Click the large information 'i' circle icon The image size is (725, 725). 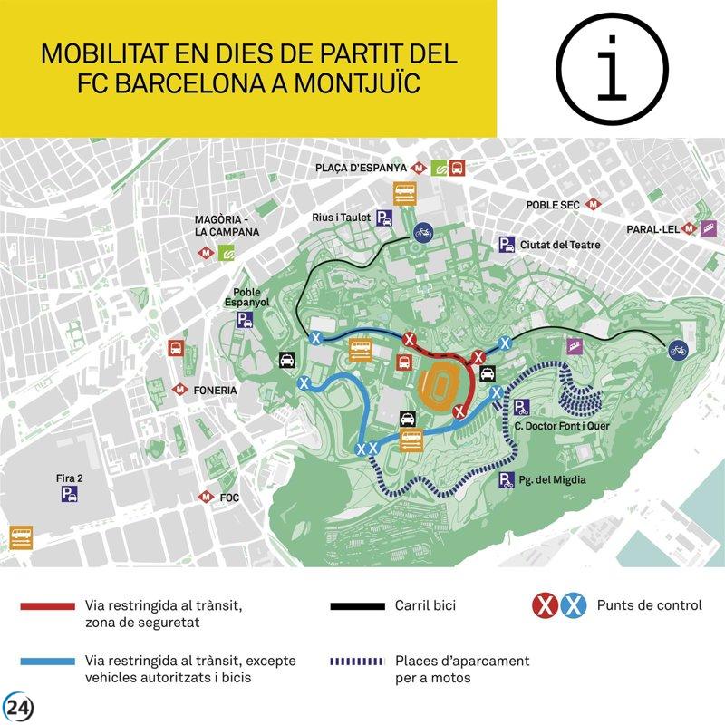(x=614, y=68)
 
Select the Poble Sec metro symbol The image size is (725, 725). (x=594, y=205)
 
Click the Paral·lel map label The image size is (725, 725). (x=652, y=229)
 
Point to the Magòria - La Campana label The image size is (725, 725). (x=227, y=226)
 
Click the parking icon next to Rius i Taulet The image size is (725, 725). (x=385, y=217)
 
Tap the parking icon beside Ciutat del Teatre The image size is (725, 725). (x=506, y=245)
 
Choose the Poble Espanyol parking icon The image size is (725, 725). (x=245, y=320)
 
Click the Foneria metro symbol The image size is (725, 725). (x=179, y=390)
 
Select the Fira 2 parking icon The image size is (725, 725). (x=68, y=494)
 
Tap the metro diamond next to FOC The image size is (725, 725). (x=207, y=498)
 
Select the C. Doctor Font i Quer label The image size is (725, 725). (x=555, y=426)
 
